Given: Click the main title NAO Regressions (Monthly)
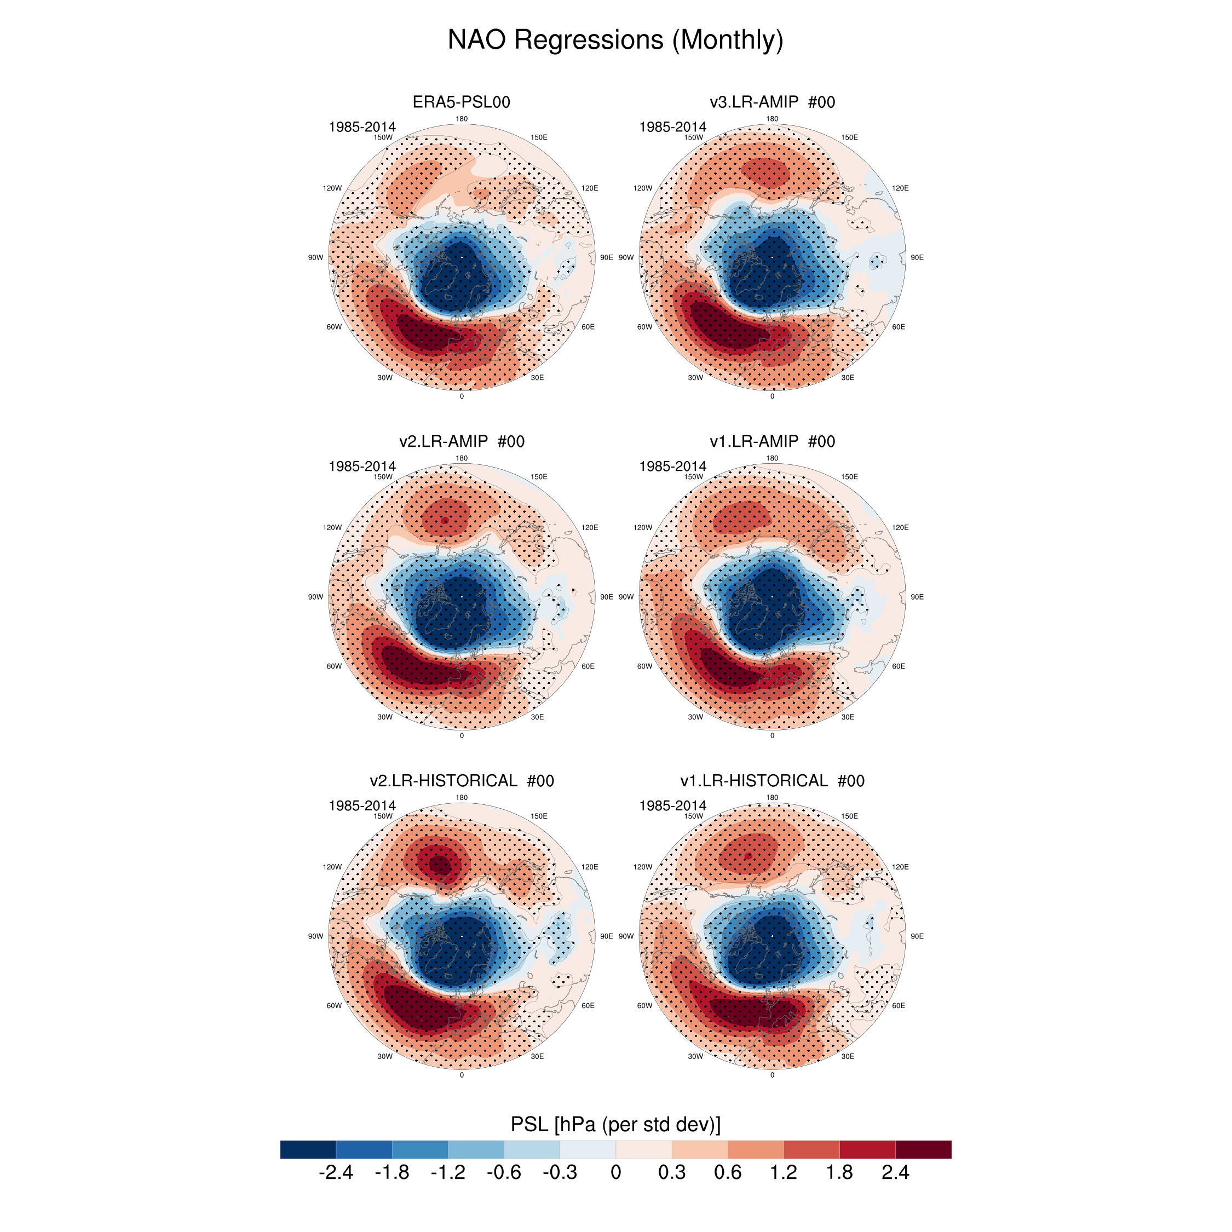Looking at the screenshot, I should [x=615, y=39].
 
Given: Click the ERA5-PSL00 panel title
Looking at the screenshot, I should [x=461, y=102].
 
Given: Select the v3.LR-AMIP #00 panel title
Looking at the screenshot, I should [x=772, y=102].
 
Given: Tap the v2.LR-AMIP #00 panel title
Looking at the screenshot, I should [x=461, y=441].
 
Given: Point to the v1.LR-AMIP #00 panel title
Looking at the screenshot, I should [x=772, y=441].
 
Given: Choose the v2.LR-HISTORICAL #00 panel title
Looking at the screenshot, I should [x=461, y=780].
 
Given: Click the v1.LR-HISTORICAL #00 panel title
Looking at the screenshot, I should [x=772, y=780].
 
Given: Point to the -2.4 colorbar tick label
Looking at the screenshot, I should [x=336, y=1173].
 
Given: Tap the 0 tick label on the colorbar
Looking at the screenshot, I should [x=615, y=1173].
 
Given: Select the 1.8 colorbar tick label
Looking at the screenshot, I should [x=839, y=1173].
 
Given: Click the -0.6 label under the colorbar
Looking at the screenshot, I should [x=504, y=1173].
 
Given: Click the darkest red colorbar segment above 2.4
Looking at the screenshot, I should [x=923, y=1149].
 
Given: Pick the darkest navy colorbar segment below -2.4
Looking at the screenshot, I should [x=308, y=1149].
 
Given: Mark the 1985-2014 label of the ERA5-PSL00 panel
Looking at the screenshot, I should [x=361, y=127].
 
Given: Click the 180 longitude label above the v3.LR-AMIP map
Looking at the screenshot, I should [x=772, y=119].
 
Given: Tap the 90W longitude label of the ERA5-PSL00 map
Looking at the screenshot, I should [x=315, y=257].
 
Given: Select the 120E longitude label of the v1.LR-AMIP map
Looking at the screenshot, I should [x=900, y=527].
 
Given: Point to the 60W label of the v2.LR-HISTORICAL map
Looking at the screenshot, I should [x=334, y=1006].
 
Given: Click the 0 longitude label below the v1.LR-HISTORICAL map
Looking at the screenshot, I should [x=772, y=1075].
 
